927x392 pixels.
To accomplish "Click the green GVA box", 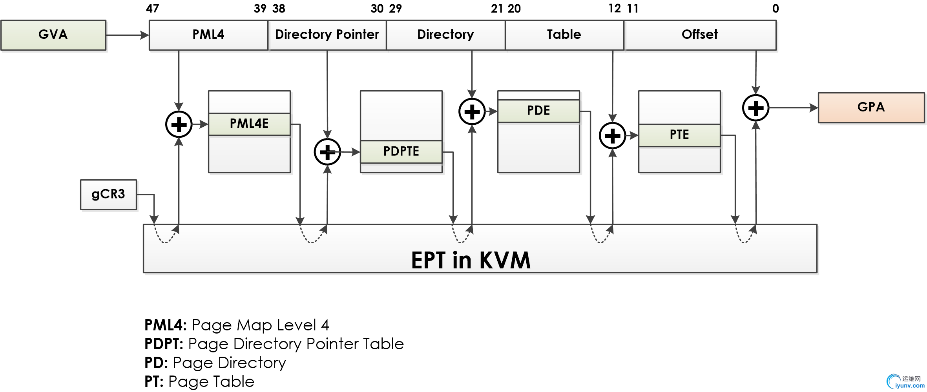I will coord(53,35).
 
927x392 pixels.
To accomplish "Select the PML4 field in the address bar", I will coord(208,35).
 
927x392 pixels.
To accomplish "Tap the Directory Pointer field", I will coord(327,35).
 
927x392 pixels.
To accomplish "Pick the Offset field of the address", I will coord(700,35).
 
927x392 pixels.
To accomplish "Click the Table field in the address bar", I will coord(564,35).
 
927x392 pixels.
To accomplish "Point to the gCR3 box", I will coord(108,194).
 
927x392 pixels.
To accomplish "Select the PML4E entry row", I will coord(249,124).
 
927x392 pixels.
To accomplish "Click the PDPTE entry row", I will coord(401,151).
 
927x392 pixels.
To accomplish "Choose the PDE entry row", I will coord(538,111).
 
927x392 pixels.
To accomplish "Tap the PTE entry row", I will coord(679,135).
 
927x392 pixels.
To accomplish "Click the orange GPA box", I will coord(871,108).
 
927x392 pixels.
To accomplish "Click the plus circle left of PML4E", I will coord(179,125).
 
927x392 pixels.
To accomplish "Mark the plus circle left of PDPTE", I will coord(327,152).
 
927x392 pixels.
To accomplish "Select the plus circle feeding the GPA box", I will coord(755,108).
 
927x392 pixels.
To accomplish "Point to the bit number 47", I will coord(153,9).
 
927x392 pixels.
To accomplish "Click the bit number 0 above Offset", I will coord(776,9).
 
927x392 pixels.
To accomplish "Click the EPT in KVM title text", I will coord(471,260).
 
